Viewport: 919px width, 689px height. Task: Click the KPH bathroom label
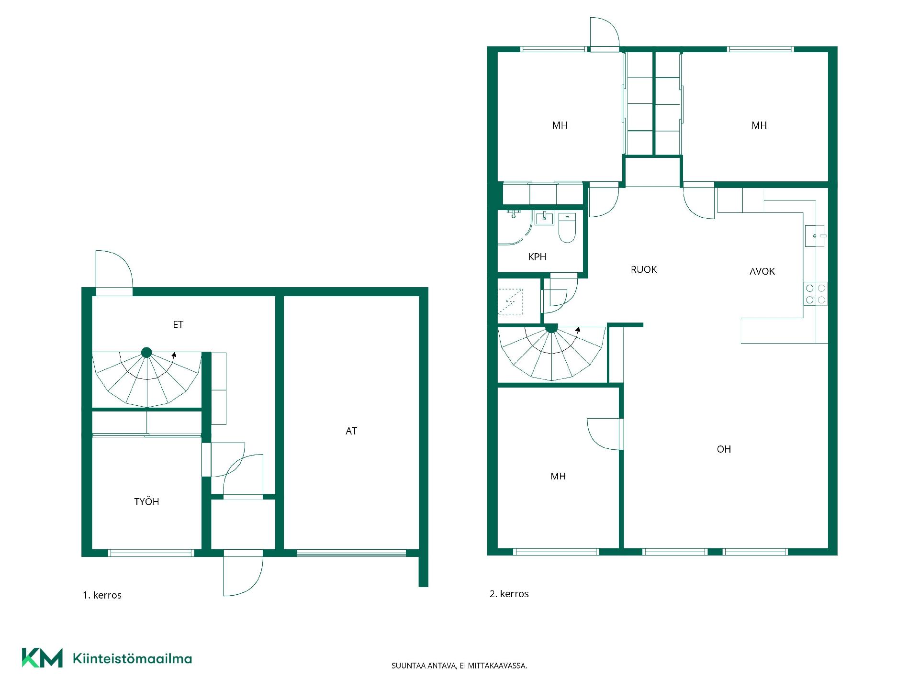point(537,257)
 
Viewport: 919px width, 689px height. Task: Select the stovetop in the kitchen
point(816,294)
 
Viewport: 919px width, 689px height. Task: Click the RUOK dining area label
point(644,269)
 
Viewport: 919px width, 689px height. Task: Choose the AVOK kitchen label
point(762,271)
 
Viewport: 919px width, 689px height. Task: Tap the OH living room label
point(724,449)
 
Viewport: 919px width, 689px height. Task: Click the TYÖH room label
point(146,501)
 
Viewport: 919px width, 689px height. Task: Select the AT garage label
point(351,431)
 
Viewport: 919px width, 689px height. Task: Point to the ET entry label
point(178,324)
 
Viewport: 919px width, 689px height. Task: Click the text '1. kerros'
point(102,595)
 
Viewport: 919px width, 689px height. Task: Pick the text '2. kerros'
point(509,594)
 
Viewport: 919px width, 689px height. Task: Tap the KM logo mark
point(42,658)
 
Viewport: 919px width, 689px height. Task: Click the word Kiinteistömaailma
point(132,658)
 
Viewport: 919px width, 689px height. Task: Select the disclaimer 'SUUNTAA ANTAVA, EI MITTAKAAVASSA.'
point(459,666)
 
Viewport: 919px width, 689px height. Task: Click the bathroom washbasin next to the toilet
point(544,219)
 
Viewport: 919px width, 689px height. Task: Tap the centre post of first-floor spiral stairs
point(146,353)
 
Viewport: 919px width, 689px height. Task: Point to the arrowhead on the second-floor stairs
point(578,329)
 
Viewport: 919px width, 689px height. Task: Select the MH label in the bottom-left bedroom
point(558,476)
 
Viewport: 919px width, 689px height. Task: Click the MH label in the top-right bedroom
point(759,125)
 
